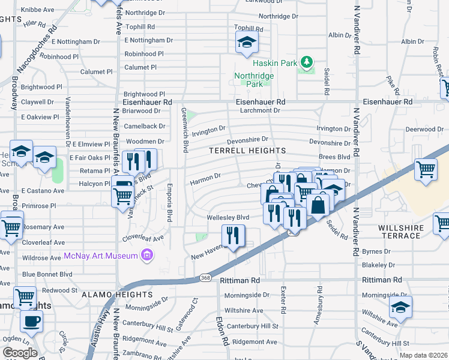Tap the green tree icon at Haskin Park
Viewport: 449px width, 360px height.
pos(306,62)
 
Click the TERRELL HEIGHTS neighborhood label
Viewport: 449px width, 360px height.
pos(247,150)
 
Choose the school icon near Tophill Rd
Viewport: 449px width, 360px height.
pos(246,43)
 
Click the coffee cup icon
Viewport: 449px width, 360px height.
pos(31,320)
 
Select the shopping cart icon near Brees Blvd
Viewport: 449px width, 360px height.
pos(426,169)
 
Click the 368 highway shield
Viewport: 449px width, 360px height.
pos(205,278)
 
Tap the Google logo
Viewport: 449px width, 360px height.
pos(20,353)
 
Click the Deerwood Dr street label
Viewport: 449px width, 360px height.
pos(424,129)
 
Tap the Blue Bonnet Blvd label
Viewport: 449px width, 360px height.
pos(47,274)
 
